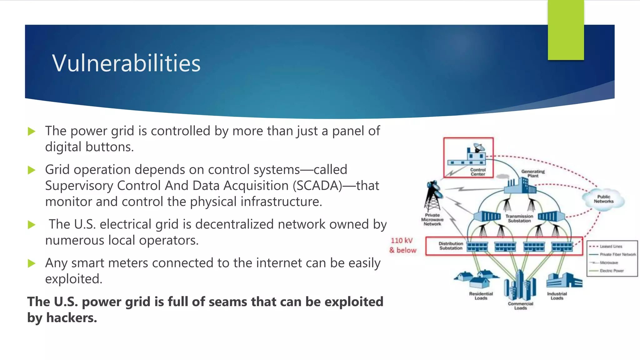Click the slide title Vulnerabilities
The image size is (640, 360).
126,63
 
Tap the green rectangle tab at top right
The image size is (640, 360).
566,30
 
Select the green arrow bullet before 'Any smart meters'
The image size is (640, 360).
32,263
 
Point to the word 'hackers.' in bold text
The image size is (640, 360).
72,318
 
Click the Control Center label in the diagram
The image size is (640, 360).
478,172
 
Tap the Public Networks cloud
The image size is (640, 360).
603,199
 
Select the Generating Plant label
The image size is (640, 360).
533,173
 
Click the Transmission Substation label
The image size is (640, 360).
519,218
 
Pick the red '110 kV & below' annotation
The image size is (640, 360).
402,245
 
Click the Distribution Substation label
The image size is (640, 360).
451,246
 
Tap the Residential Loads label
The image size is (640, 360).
481,296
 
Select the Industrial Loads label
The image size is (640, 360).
557,296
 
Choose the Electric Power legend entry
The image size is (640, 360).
611,271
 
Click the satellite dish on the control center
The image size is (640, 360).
479,147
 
